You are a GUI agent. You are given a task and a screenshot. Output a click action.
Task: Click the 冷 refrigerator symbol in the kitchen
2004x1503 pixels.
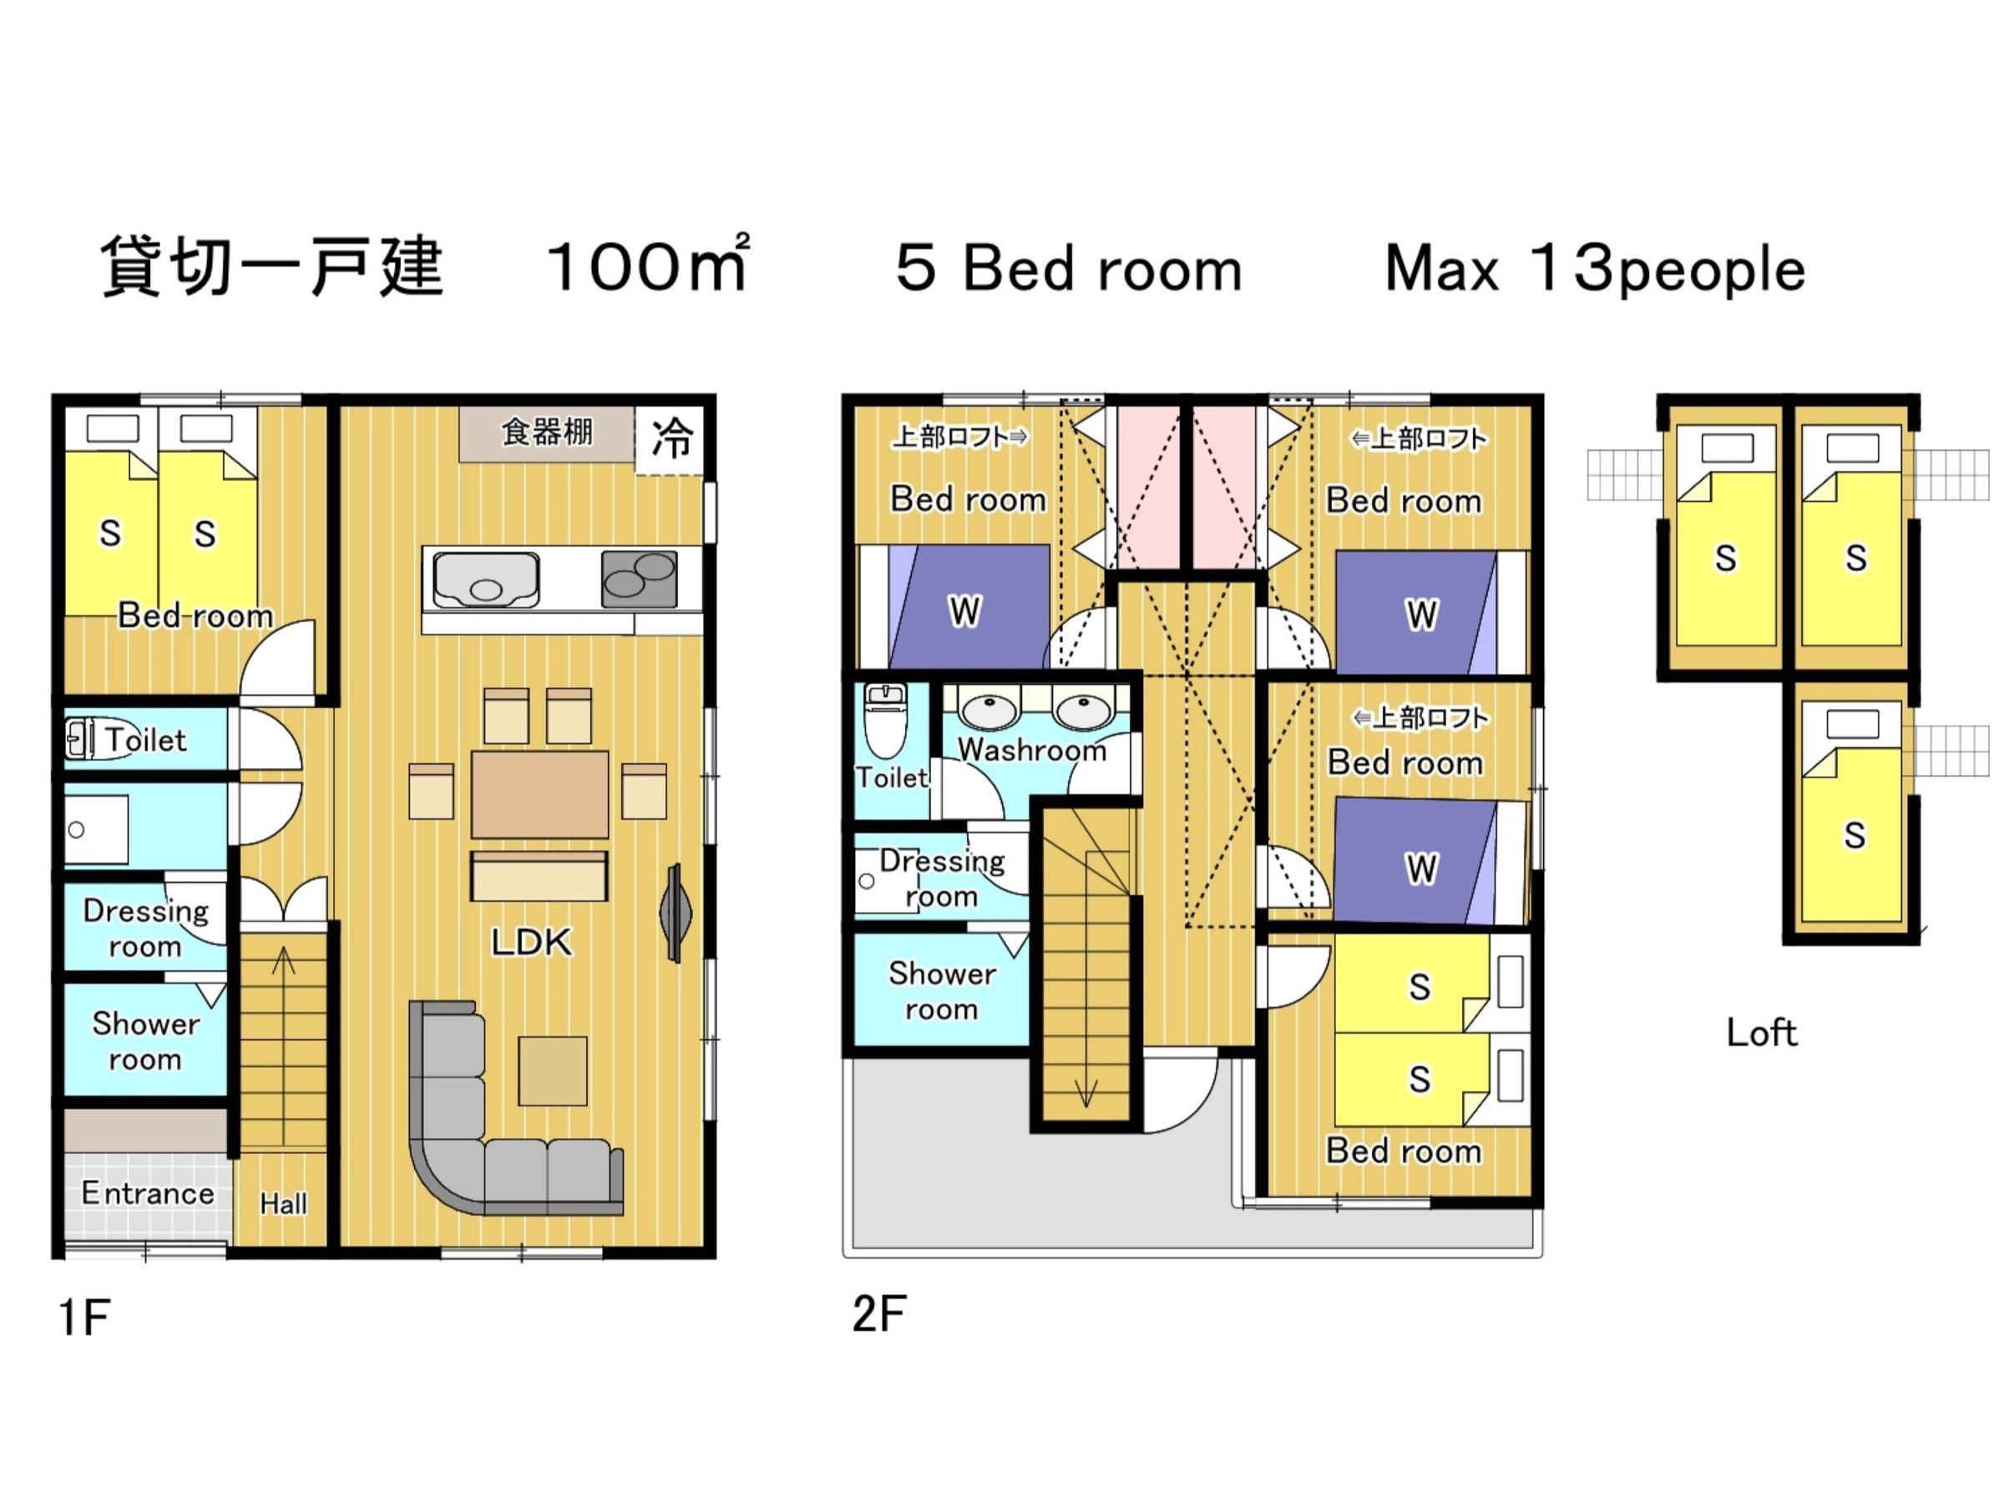(671, 439)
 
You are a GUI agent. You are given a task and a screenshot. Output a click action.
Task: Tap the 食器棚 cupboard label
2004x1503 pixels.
(547, 433)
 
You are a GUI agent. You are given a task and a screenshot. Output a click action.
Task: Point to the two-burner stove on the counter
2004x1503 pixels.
(640, 579)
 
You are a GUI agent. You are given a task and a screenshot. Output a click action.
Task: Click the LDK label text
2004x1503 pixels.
(532, 942)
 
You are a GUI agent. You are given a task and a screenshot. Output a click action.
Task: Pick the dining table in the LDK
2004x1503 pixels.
(539, 795)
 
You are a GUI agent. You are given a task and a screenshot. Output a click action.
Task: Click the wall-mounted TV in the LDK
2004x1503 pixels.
(675, 913)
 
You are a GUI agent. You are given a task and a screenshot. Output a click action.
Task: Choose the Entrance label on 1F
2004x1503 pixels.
(148, 1193)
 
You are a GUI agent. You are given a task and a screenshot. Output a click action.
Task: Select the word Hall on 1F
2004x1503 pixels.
(284, 1203)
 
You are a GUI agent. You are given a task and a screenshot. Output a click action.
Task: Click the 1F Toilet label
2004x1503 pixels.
(146, 739)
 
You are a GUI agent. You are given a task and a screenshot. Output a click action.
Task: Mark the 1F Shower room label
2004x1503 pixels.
(145, 1041)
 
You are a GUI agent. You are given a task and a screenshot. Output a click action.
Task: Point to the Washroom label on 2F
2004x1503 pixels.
(1032, 749)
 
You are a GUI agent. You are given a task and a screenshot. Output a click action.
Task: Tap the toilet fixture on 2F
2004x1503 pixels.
(885, 721)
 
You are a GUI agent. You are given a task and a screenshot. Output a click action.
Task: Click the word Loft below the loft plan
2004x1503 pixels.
(1761, 1033)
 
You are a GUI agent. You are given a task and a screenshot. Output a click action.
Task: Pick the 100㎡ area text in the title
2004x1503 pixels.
(649, 266)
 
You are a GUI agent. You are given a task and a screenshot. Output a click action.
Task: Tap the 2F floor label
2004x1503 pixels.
(878, 1313)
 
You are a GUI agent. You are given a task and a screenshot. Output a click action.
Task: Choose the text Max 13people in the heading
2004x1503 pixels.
(1596, 270)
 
